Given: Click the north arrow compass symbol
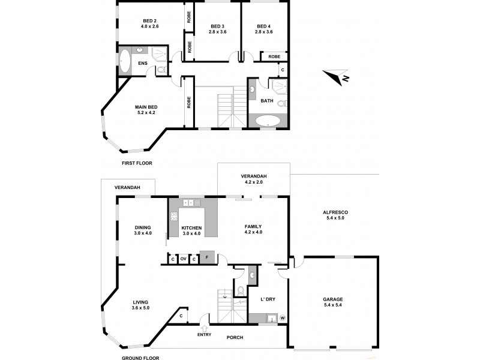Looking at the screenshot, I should (335, 77).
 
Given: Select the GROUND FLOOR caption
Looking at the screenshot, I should (139, 357).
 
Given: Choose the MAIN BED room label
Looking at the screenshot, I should (149, 109).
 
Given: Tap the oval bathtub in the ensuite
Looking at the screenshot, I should (125, 62).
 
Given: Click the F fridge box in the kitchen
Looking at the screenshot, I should (207, 258).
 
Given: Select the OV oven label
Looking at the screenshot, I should (183, 259).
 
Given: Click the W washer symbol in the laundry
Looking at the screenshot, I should (282, 318).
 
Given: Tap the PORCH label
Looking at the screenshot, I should (235, 337).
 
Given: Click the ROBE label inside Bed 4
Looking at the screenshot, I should (274, 56).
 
